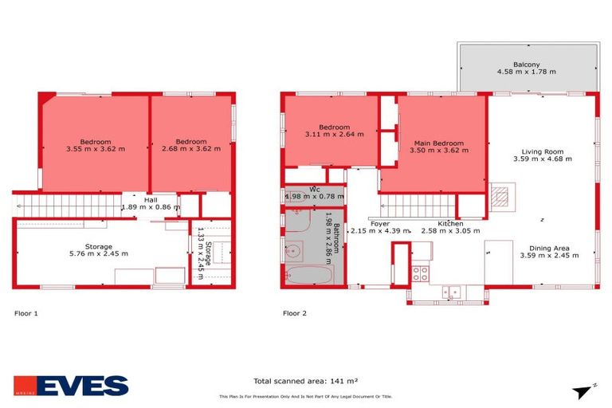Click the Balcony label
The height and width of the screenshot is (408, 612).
pos(526,65)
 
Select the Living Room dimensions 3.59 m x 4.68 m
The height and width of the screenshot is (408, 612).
pos(542,159)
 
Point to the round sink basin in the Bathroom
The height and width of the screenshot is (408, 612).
pos(293,250)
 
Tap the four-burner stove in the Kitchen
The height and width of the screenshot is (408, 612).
pos(419,273)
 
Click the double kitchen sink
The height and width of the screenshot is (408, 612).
pos(452,292)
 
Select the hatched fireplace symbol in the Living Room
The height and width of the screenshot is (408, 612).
pos(499,194)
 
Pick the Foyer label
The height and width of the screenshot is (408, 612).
pos(380,224)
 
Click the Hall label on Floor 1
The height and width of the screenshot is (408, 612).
pos(149,199)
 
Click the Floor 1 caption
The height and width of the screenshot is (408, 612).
pos(26,313)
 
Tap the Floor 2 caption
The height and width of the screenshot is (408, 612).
pos(294,313)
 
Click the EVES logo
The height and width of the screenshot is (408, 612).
pos(70,386)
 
